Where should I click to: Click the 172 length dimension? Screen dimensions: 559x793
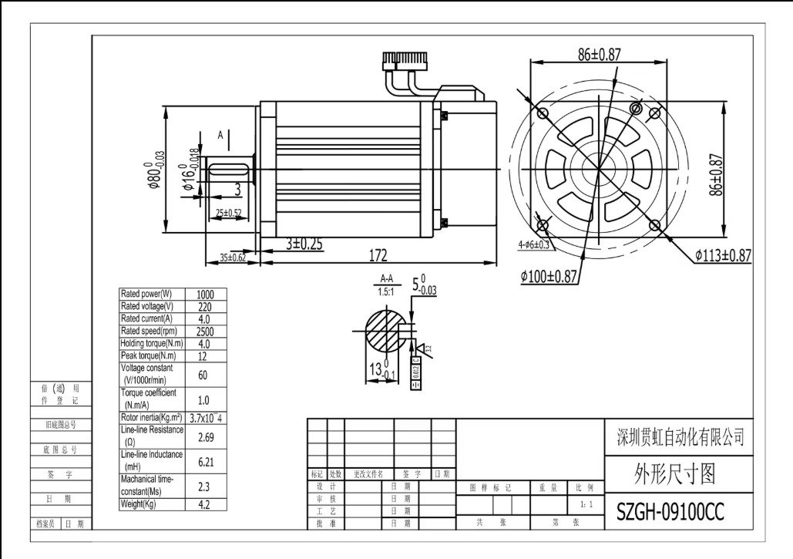[377, 255]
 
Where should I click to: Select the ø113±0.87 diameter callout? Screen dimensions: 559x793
[723, 255]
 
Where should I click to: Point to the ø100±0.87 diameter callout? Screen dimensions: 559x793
[548, 277]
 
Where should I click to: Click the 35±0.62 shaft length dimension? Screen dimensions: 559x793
[232, 258]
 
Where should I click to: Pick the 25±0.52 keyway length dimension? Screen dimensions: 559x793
[228, 212]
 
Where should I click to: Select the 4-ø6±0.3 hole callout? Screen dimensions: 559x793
[533, 244]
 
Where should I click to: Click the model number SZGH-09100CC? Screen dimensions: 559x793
[670, 513]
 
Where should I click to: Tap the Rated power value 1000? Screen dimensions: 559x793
[206, 295]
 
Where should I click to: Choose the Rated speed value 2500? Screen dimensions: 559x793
[206, 332]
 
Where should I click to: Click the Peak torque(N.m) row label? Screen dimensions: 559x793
[148, 356]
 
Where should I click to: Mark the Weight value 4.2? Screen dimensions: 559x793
[206, 505]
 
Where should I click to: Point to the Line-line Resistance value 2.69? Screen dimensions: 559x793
[206, 437]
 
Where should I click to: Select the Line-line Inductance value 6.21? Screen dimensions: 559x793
[206, 462]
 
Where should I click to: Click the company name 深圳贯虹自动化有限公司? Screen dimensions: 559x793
[681, 438]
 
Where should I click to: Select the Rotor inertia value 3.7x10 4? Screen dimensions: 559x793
[208, 418]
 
